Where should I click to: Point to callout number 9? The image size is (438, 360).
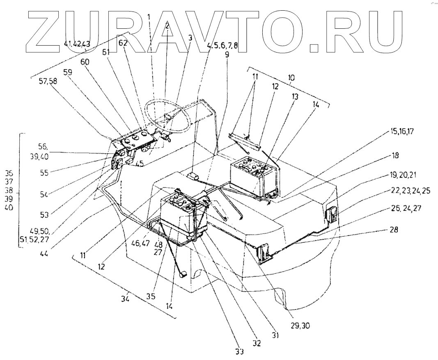[x=227, y=53]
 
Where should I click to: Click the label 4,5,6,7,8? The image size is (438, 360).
[x=222, y=46]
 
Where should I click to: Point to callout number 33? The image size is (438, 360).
[x=239, y=352]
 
